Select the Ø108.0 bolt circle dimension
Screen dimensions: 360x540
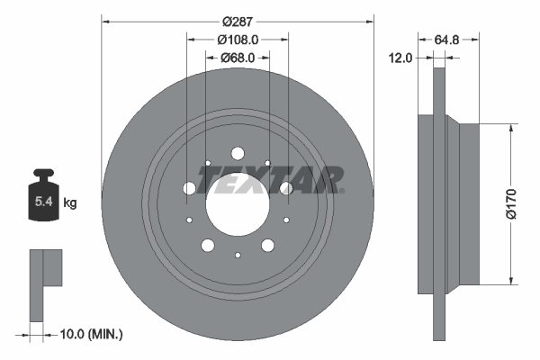click(x=238, y=39)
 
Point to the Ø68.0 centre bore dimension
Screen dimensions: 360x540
click(x=238, y=58)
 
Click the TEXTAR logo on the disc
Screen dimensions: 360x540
click(x=271, y=180)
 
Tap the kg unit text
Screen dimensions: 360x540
click(x=70, y=203)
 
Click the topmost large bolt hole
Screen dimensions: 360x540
click(x=238, y=153)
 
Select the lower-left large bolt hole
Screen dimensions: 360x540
click(x=208, y=245)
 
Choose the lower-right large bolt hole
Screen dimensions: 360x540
click(x=267, y=245)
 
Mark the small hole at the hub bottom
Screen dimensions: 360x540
click(x=238, y=255)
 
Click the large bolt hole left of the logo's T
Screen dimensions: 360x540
click(x=189, y=188)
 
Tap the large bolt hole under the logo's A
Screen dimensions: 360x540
click(x=286, y=187)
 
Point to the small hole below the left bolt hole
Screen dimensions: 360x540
click(x=189, y=219)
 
